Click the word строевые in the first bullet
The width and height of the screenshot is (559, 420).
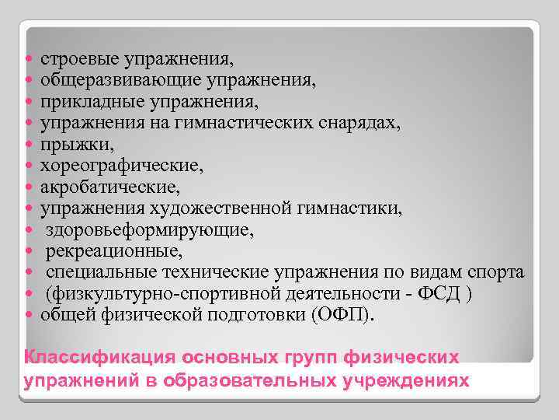point(71,59)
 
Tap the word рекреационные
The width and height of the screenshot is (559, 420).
point(103,251)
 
